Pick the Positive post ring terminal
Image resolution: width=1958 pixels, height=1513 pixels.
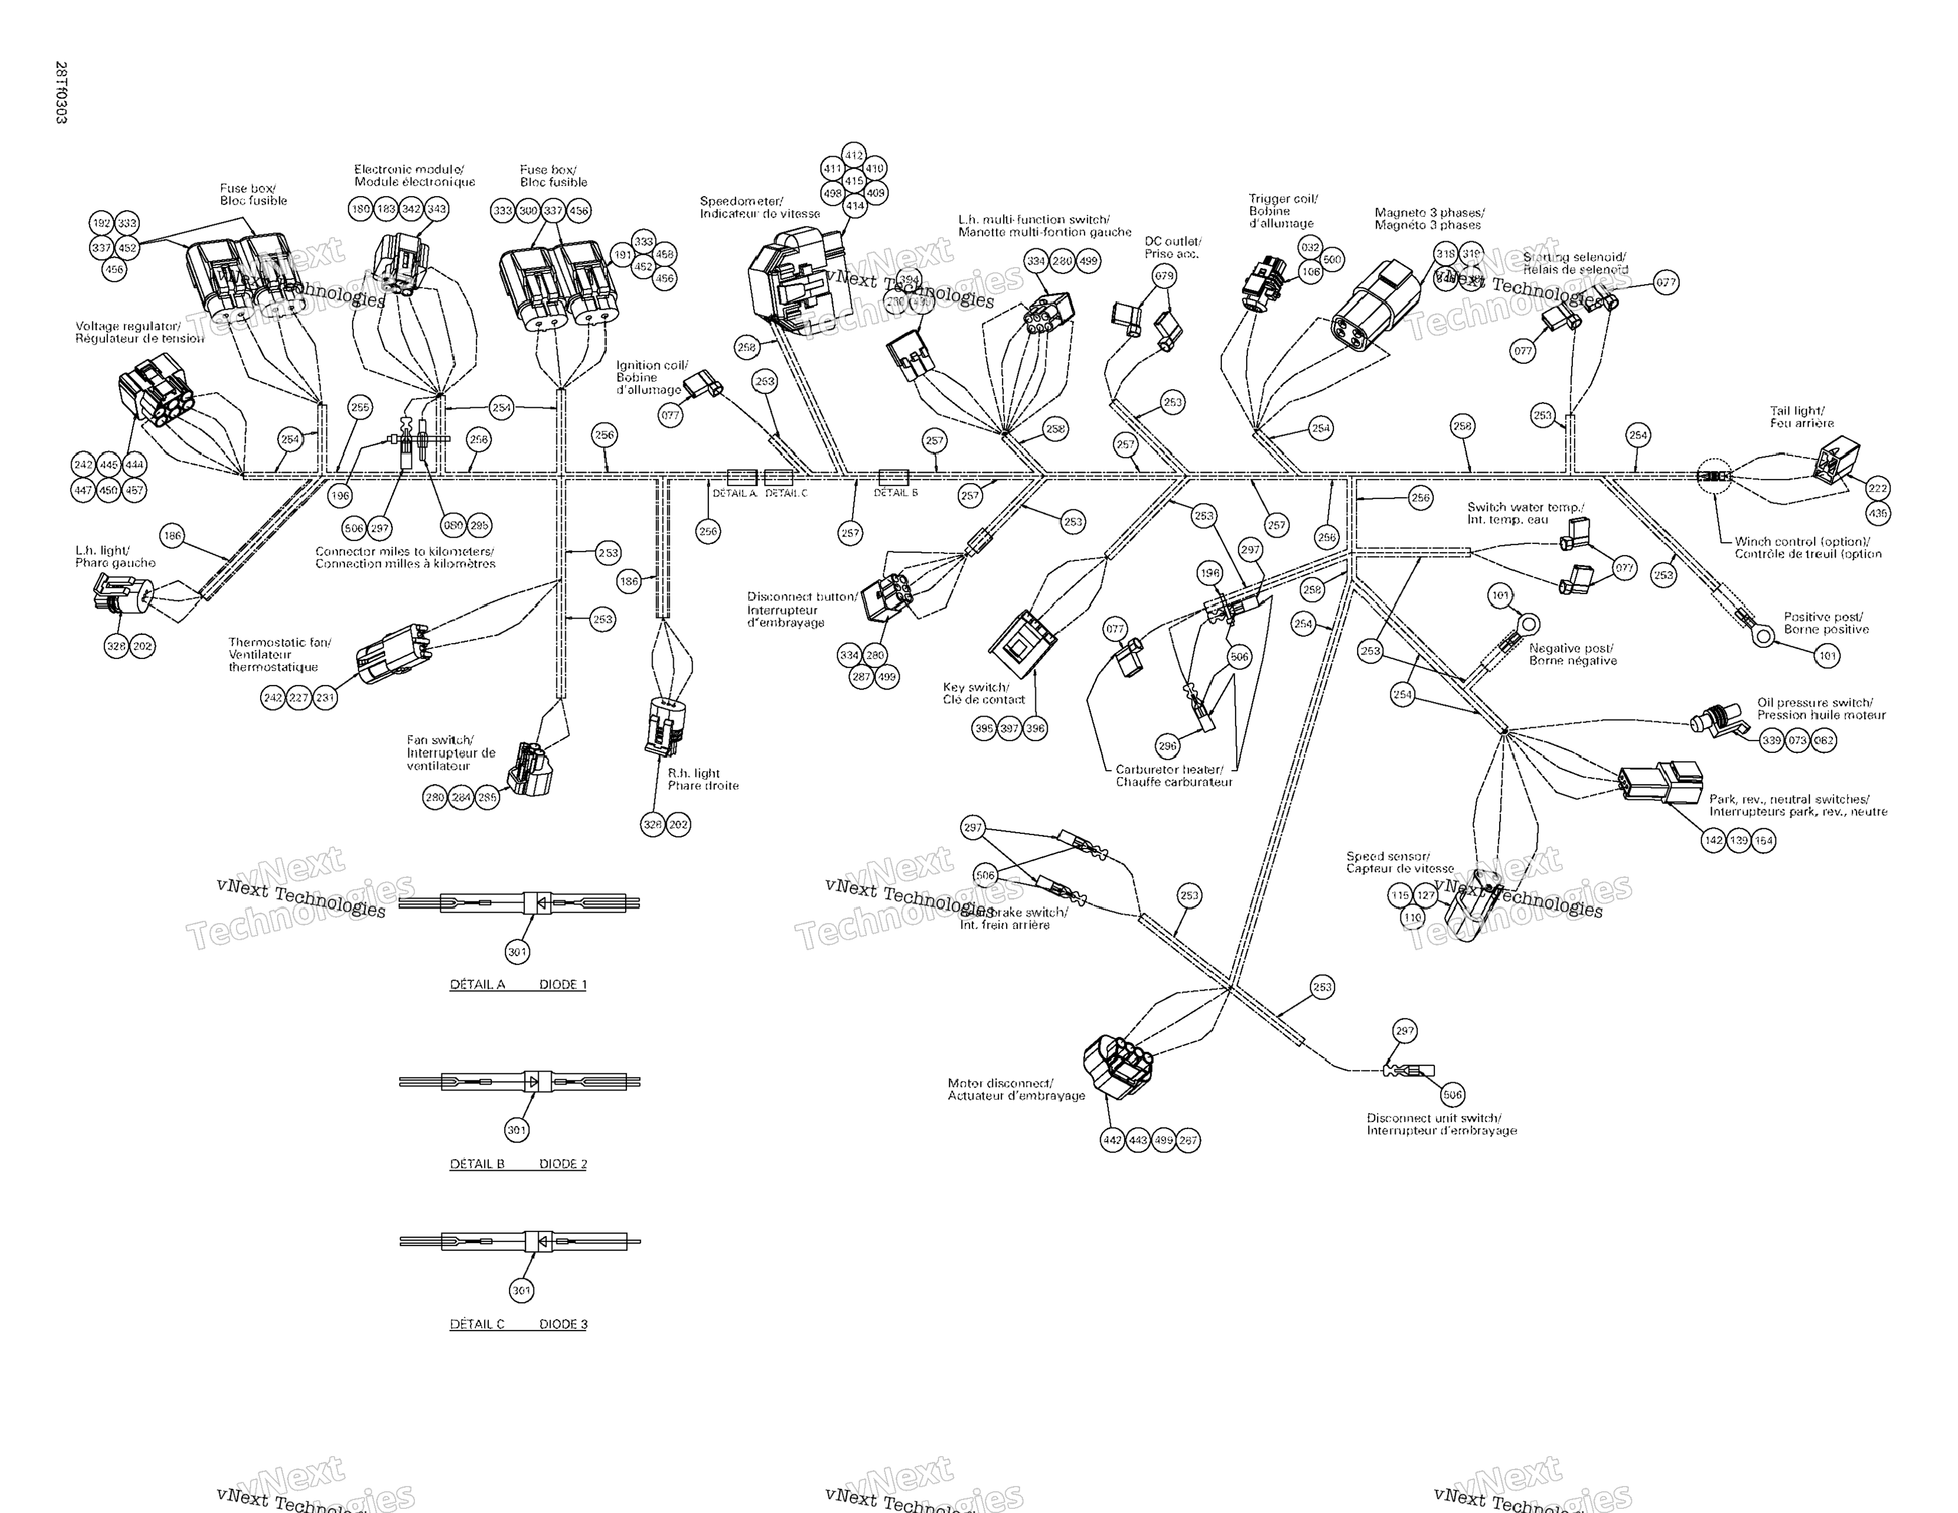tap(1763, 636)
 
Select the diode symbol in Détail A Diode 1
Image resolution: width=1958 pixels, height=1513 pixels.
tap(542, 903)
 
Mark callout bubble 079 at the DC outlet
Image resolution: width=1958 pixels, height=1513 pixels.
tap(1164, 276)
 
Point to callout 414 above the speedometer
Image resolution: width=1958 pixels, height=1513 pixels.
tap(855, 206)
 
